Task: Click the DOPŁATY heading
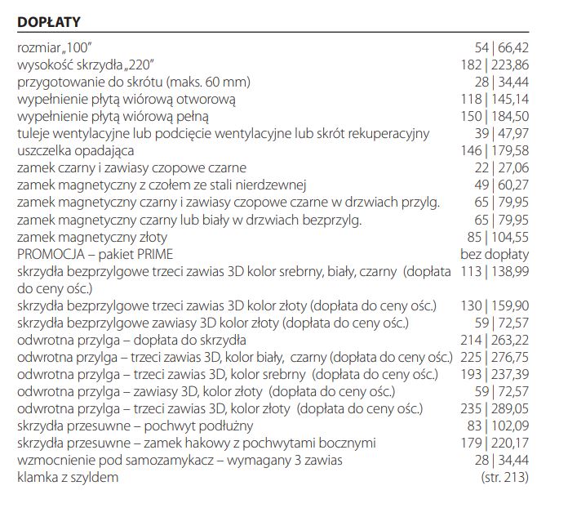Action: [48, 20]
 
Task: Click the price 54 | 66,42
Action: [501, 47]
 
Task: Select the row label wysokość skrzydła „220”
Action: [87, 65]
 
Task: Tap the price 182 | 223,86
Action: [495, 65]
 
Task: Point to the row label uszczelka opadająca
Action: [76, 150]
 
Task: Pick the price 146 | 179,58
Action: [495, 150]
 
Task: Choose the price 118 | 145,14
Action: [495, 99]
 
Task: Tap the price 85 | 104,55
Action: [498, 236]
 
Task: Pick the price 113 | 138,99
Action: [495, 271]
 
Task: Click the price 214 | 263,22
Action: [495, 340]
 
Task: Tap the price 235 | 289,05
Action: [495, 408]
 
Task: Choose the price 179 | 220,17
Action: [495, 443]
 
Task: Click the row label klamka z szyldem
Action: [68, 477]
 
